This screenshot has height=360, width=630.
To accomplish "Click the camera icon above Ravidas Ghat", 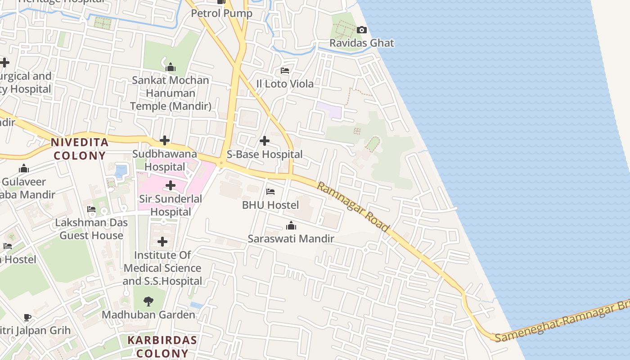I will tap(361, 30).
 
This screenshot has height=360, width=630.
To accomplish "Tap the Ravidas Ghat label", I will tap(361, 43).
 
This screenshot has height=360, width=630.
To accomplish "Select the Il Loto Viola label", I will tap(284, 84).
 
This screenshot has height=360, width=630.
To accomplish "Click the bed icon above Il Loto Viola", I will tap(284, 71).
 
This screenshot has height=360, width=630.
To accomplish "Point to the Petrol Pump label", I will tap(221, 13).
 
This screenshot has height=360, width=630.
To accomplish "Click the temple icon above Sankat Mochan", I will tap(171, 67).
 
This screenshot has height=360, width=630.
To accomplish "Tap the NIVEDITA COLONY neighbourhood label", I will tap(80, 149).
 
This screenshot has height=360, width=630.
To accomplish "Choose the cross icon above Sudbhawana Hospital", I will tap(165, 140).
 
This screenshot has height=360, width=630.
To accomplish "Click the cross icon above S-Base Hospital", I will tap(265, 141).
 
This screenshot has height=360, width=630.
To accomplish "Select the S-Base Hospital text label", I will tap(265, 154).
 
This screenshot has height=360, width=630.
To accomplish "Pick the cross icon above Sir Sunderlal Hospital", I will tap(171, 185).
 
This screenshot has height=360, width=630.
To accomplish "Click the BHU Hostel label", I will tap(270, 205).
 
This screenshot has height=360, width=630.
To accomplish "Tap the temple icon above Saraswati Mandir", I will tap(291, 225).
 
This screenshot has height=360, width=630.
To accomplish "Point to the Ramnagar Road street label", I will tap(353, 207).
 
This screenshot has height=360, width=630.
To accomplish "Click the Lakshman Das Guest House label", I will tap(91, 229).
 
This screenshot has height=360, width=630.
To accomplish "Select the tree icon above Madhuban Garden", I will tap(148, 301).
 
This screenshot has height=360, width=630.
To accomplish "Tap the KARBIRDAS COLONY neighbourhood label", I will tap(162, 346).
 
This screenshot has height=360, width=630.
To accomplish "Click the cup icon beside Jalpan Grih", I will tap(27, 317).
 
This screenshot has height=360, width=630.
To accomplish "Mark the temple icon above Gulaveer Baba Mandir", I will tap(24, 169).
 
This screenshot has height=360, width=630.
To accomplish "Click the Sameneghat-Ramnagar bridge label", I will tap(562, 322).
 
